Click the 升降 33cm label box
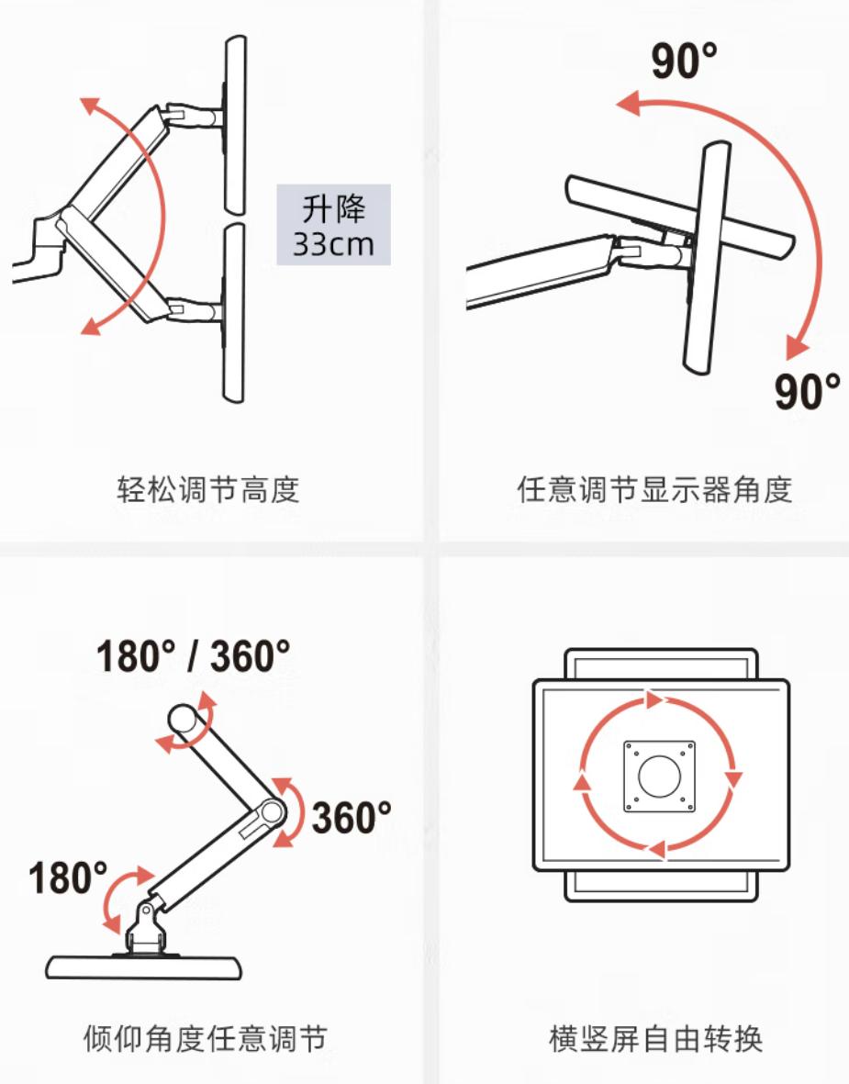(x=333, y=225)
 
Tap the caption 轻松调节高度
(x=208, y=489)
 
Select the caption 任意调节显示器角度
(x=654, y=489)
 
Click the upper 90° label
(x=685, y=61)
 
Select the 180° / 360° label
(x=193, y=656)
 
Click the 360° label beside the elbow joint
(x=351, y=817)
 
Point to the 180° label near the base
(x=68, y=877)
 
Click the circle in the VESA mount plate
(x=658, y=776)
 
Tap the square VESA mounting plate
(x=658, y=776)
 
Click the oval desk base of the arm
(x=145, y=967)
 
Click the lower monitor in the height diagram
(x=235, y=312)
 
